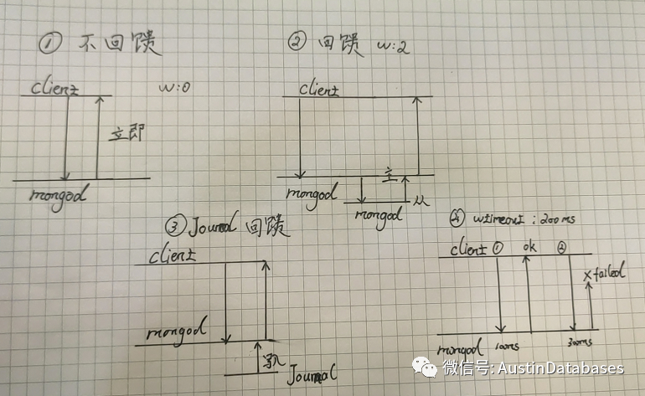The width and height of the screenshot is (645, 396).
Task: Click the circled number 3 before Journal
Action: coord(173,227)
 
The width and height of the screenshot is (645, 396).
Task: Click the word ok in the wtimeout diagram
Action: coord(528,249)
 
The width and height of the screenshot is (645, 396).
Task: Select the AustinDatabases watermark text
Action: coord(560,368)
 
